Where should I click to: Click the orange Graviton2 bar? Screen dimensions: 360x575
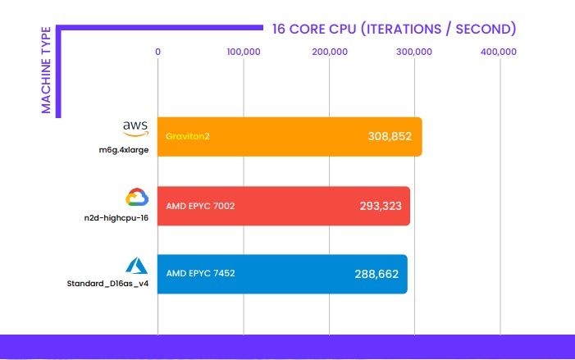coord(287,136)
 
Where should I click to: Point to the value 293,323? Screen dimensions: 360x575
coord(380,205)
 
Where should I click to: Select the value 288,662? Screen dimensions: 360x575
coord(377,273)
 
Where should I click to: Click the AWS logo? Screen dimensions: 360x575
coord(135,128)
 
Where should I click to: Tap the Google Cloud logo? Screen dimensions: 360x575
coord(135,198)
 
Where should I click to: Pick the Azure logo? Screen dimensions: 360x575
coord(135,265)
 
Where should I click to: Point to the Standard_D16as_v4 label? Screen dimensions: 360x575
coord(107,285)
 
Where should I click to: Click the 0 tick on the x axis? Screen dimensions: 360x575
coord(158,52)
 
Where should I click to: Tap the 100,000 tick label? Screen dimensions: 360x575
coord(243,52)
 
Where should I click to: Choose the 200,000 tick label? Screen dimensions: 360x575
coord(329,52)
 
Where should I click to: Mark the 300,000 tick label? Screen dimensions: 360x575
coord(414,52)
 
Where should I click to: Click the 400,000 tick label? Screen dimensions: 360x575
coord(500,52)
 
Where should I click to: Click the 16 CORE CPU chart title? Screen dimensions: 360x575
coord(394,29)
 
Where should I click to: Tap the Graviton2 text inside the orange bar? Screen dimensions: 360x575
coord(188,136)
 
